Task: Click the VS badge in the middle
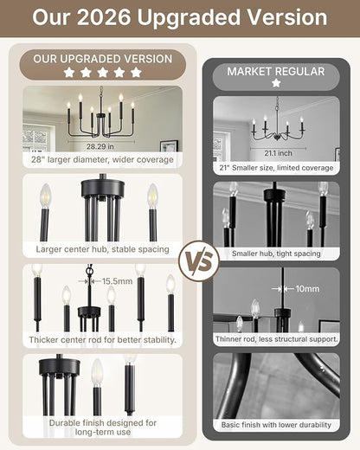199,261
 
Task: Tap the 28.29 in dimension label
100,146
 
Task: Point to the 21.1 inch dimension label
278,153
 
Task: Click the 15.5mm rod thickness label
118,281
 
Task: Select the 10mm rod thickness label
307,289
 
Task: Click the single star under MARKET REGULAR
276,83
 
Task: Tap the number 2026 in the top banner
104,17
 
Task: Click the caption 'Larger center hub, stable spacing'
102,249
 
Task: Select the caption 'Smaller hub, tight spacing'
276,254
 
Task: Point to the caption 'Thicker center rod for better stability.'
102,340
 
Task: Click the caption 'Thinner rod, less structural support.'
276,339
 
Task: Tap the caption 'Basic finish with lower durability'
276,425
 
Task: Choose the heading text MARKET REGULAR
276,72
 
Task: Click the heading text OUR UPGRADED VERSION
103,59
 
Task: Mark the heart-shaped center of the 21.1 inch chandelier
277,137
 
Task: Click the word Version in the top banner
287,17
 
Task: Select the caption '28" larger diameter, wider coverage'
102,159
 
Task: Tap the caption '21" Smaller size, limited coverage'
276,168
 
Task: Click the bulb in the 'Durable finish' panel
97,372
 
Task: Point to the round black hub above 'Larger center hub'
103,187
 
